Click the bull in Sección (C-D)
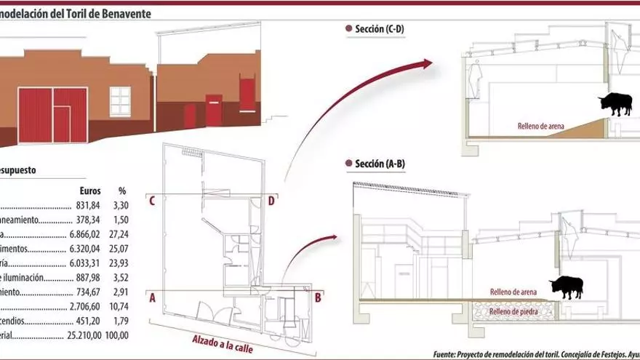click(x=615, y=105)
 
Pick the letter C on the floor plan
click(x=153, y=201)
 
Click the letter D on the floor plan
click(x=271, y=201)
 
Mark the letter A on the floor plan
click(x=153, y=297)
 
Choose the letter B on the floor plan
click(x=318, y=297)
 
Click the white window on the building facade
click(x=120, y=100)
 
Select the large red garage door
click(x=52, y=115)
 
